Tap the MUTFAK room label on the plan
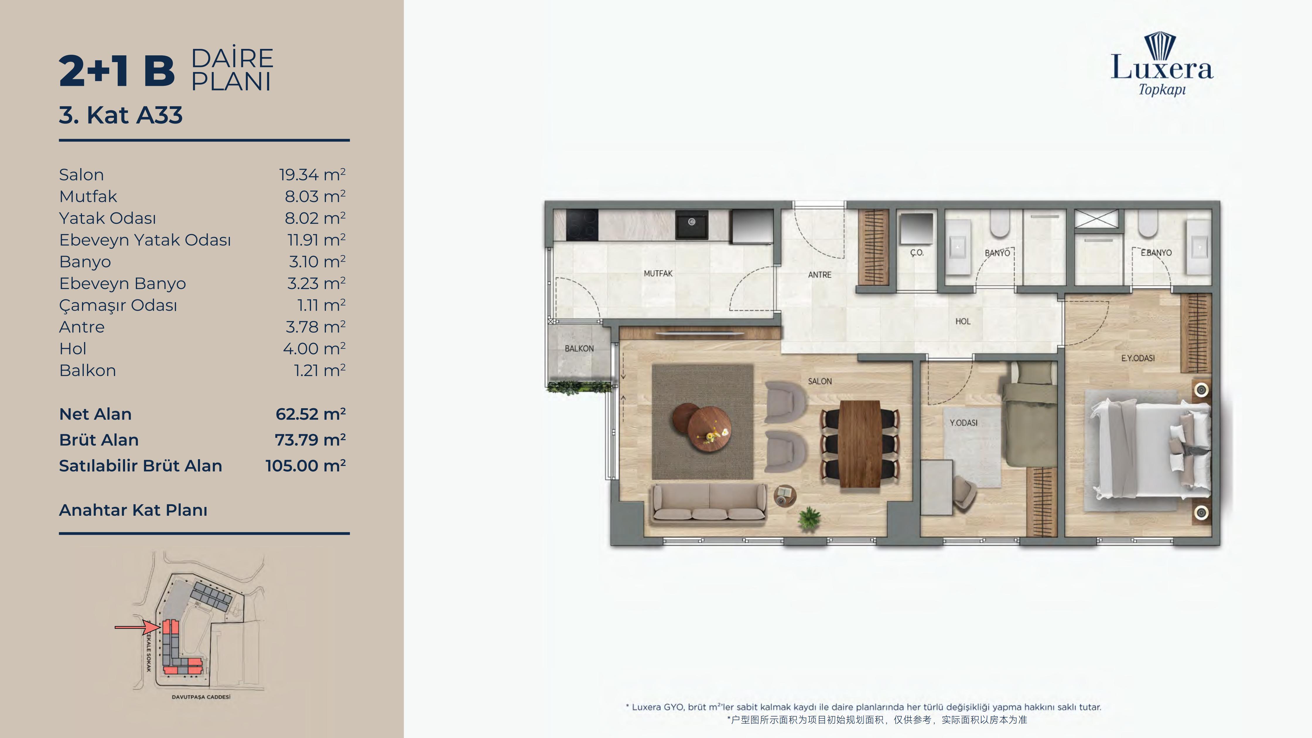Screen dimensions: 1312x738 658,274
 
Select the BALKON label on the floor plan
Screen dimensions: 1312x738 579,348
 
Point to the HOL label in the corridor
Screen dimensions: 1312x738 963,321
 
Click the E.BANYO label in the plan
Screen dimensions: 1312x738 1156,253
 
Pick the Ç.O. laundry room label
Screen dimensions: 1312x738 917,253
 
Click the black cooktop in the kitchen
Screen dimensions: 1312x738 582,225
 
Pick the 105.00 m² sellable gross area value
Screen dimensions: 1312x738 305,466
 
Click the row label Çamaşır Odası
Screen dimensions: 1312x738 118,305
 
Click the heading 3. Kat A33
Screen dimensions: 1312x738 121,115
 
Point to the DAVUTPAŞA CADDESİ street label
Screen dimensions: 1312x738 201,697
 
